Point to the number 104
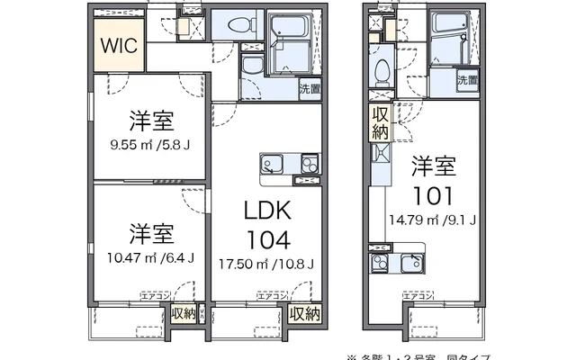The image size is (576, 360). [266, 239]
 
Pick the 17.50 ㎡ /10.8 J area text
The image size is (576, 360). [267, 264]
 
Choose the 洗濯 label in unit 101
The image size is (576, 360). [467, 81]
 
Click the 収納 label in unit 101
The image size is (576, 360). [379, 122]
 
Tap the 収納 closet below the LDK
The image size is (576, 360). [305, 313]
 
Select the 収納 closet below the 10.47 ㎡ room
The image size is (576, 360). [184, 313]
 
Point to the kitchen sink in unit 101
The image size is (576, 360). [381, 264]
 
